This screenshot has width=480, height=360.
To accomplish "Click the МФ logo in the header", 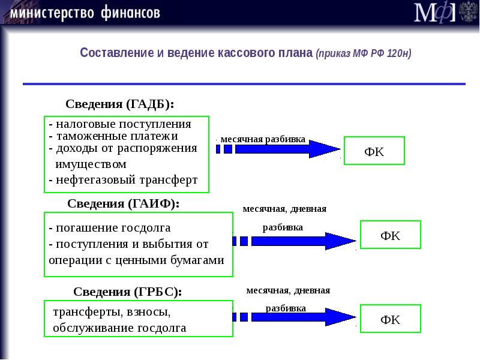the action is coord(435,13).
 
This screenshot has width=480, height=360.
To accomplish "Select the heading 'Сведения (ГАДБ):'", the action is coord(119,104).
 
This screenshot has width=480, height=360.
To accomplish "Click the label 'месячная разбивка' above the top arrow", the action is coord(263,139).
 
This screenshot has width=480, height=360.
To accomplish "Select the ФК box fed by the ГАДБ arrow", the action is coord(374,151).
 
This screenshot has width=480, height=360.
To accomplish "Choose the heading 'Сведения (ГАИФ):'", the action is coord(123,203).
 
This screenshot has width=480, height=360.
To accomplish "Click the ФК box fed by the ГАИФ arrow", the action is coord(390,235).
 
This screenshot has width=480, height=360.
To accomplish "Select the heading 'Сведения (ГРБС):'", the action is coord(127,292).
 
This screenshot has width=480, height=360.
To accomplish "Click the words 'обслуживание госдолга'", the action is coord(119,328).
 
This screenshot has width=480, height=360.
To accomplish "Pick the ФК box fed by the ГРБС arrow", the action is coord(390,319).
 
